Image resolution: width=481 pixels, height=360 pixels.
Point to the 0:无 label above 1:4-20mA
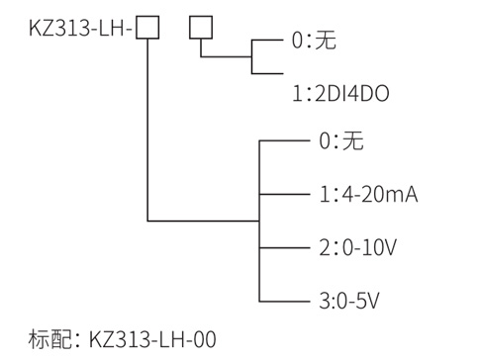click(x=340, y=141)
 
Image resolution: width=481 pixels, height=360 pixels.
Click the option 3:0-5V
click(x=350, y=298)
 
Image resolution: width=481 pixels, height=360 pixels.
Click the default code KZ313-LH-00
click(x=151, y=339)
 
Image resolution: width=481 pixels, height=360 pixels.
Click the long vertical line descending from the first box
click(x=146, y=129)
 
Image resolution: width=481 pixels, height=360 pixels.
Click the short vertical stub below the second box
click(x=201, y=46)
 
